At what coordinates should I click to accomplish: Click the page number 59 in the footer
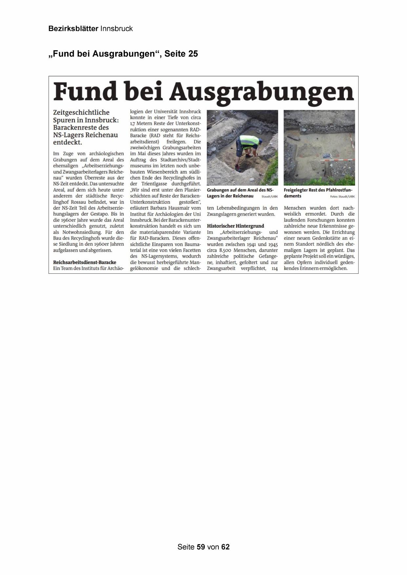pos(201,547)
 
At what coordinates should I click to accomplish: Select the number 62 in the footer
pos(225,547)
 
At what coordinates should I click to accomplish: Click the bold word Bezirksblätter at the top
pos(73,29)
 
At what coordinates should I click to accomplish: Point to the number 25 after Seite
pos(193,54)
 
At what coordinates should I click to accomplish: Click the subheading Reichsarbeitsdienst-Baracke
pos(85,262)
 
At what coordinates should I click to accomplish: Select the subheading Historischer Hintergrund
pos(235,226)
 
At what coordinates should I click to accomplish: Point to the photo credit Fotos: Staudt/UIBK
pos(342,196)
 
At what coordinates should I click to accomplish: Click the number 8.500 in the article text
pos(225,250)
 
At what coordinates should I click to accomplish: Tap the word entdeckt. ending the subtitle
pos(68,143)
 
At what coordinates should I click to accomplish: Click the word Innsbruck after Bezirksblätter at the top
pos(116,29)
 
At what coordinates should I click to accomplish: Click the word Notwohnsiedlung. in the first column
pos(82,232)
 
